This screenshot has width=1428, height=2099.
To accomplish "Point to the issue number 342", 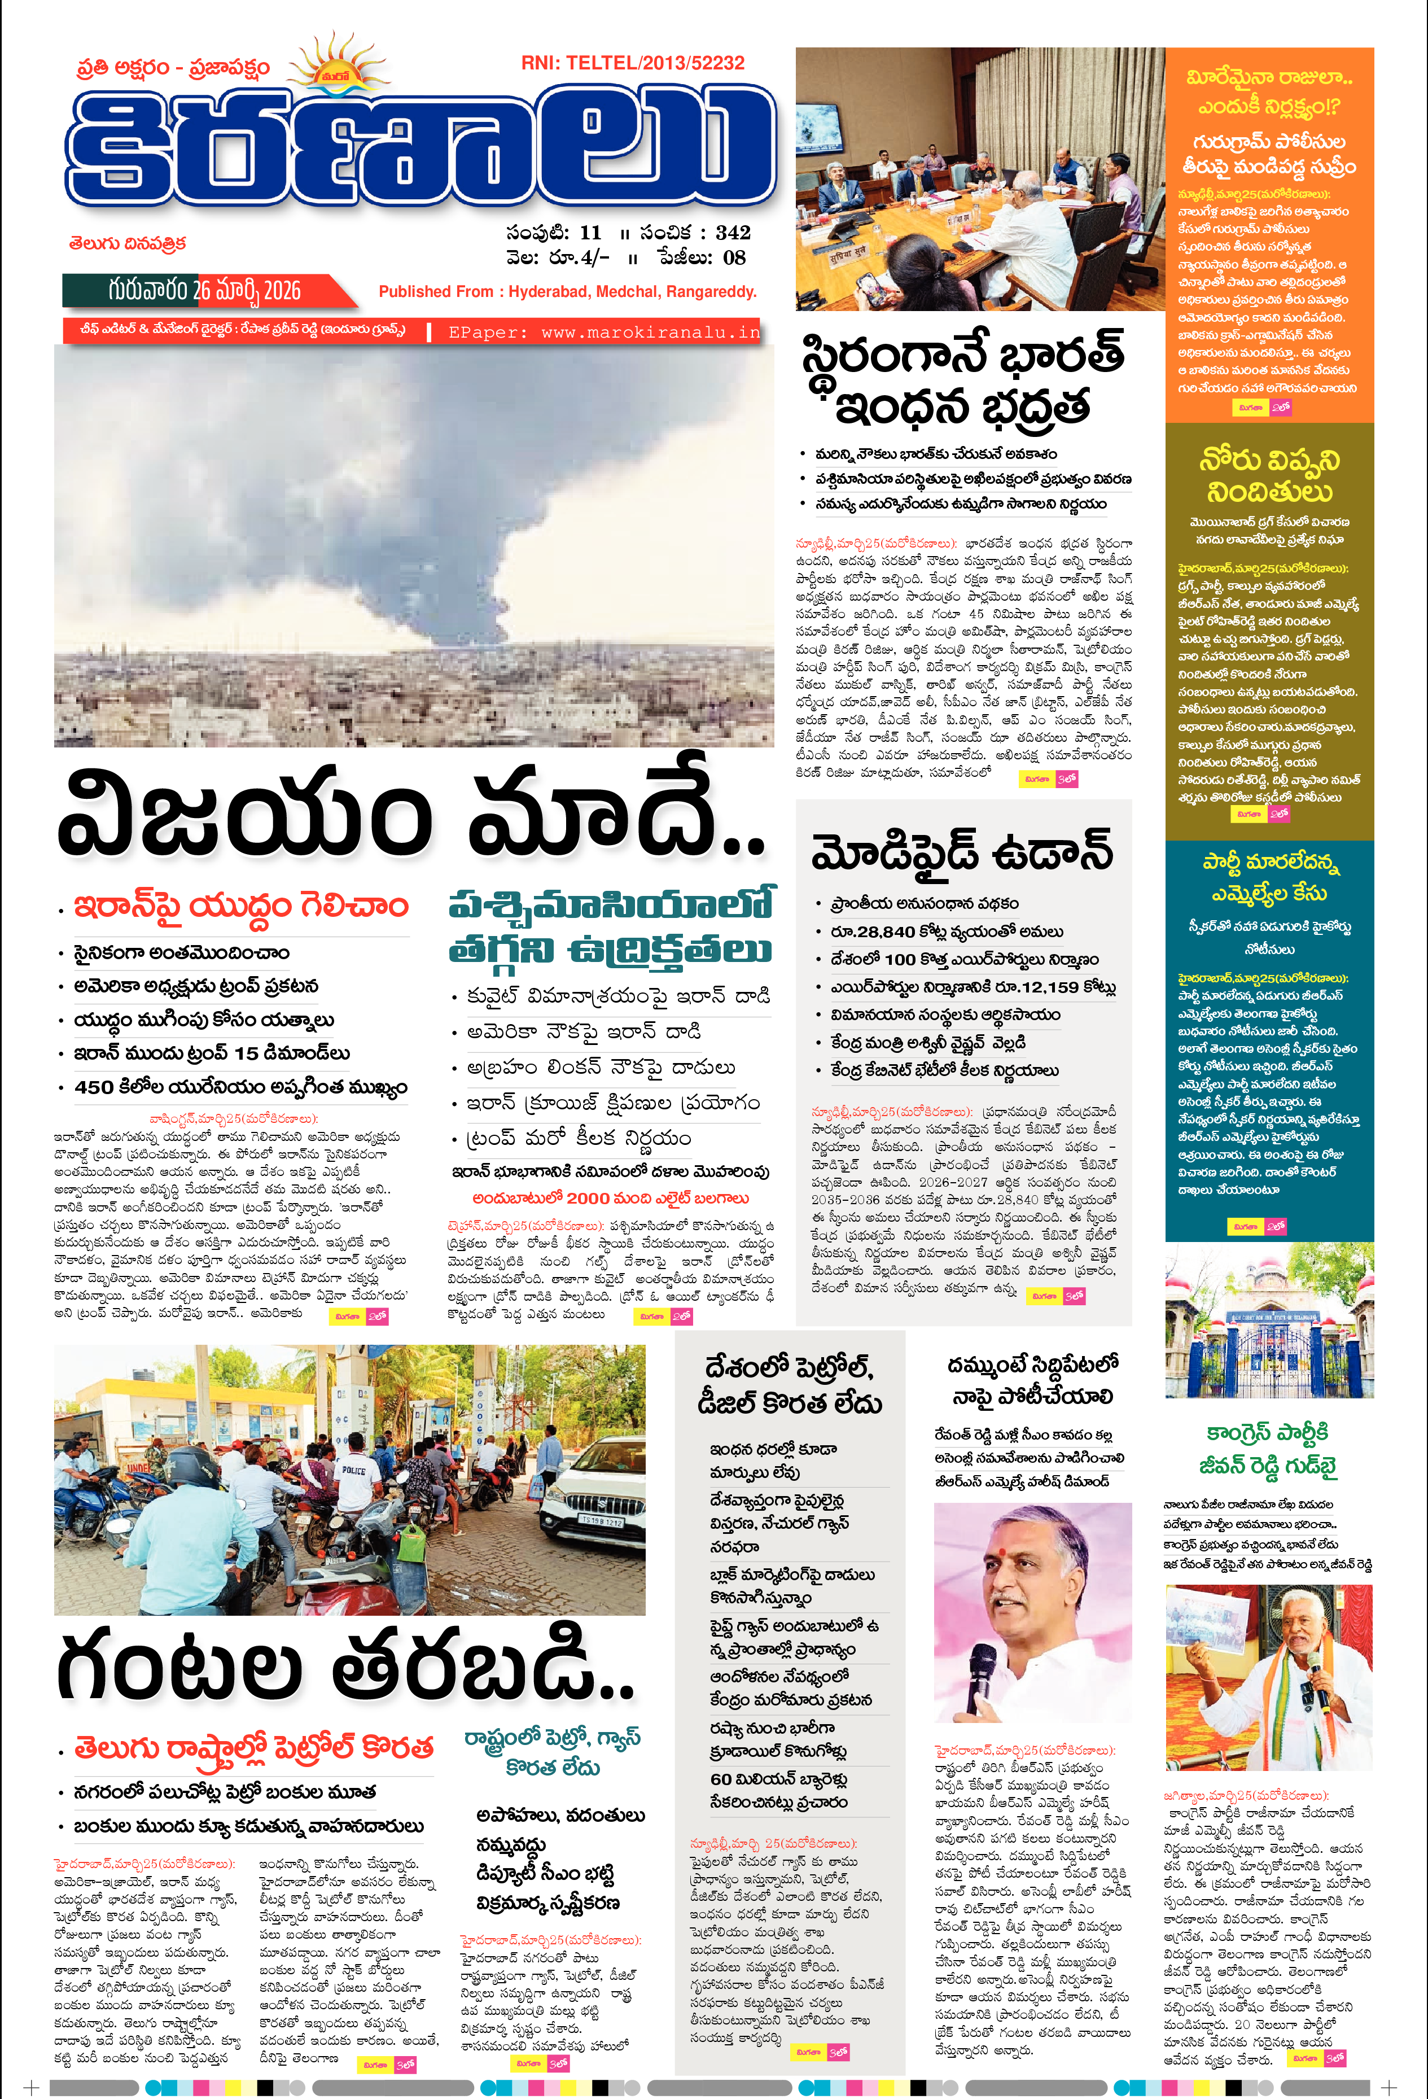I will click(733, 232).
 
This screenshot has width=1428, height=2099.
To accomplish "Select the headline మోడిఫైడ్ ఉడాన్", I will click(962, 851).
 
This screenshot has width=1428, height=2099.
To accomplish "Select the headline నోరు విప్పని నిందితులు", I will click(1269, 475).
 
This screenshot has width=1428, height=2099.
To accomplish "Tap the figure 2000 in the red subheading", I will click(588, 1197).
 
